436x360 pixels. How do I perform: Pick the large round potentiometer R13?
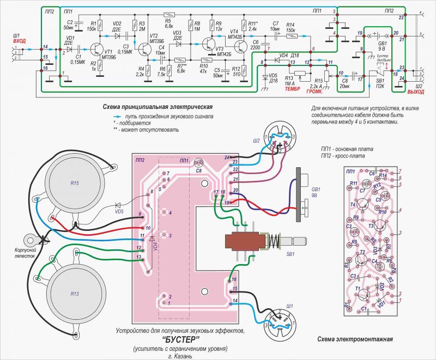coord(75,294)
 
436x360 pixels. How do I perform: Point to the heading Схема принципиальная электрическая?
coord(158,107)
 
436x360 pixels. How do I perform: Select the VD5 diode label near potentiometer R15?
coord(119,210)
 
